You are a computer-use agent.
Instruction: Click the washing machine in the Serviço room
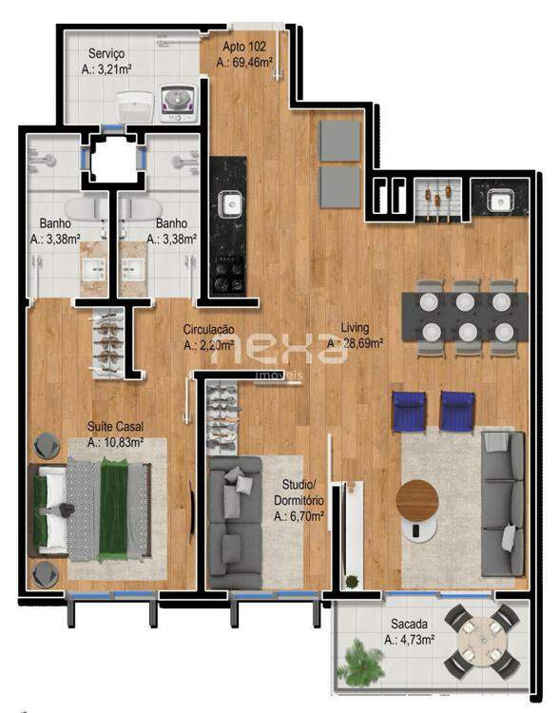(x=179, y=104)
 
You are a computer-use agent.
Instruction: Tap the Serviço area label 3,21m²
(x=106, y=69)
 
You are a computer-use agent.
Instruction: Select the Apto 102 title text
(x=243, y=47)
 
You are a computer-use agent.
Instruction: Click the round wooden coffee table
(x=417, y=500)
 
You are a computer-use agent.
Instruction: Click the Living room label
(x=355, y=328)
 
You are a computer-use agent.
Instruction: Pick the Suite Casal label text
(x=115, y=427)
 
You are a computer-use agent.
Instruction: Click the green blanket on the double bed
(x=114, y=510)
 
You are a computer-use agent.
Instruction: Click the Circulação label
(x=209, y=329)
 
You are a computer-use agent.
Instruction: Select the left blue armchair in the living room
(x=409, y=411)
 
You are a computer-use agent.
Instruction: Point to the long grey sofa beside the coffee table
(x=503, y=504)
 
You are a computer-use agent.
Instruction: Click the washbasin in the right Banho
(x=133, y=269)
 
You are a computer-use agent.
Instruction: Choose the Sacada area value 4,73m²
(x=409, y=640)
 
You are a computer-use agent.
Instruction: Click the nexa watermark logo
(x=279, y=349)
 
